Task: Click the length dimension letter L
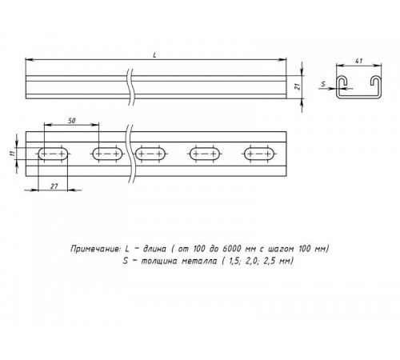coord(154,53)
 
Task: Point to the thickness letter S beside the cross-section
coord(322,82)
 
